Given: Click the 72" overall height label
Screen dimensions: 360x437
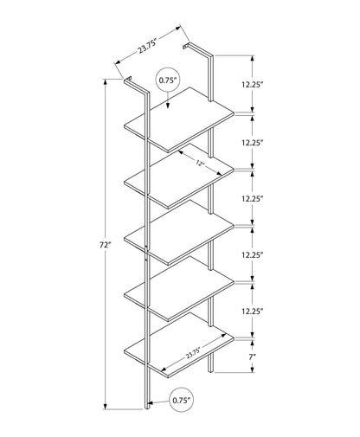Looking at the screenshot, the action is [x=106, y=245].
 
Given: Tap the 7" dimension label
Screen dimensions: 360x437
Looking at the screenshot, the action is [x=253, y=357].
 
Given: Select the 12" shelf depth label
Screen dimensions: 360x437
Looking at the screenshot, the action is [x=200, y=164].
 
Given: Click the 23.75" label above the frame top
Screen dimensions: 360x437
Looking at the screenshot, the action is [x=147, y=46].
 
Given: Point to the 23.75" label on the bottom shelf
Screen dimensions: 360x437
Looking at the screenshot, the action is [x=193, y=353].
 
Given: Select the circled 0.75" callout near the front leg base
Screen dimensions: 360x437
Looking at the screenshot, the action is [x=182, y=400].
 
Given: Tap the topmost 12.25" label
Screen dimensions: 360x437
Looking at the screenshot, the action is [x=253, y=85].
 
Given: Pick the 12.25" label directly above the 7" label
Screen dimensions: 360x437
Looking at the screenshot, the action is [x=253, y=312].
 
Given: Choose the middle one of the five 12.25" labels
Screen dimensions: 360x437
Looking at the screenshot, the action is [x=253, y=199].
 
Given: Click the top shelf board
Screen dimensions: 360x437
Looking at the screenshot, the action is [x=179, y=119].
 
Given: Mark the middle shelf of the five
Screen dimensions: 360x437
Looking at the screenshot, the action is [x=179, y=232].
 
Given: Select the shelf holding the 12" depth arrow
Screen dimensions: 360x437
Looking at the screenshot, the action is [x=179, y=176].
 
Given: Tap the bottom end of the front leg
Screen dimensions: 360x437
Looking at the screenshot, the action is [x=147, y=408].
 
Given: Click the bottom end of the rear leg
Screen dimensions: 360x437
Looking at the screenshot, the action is [x=211, y=371].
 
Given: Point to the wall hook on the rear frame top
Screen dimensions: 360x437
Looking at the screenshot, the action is [x=186, y=46].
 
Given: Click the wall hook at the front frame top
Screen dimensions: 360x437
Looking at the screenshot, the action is [x=127, y=79].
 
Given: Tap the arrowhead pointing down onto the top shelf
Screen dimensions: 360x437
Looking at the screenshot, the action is [x=168, y=106].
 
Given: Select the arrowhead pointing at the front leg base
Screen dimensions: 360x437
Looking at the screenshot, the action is [x=151, y=403].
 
